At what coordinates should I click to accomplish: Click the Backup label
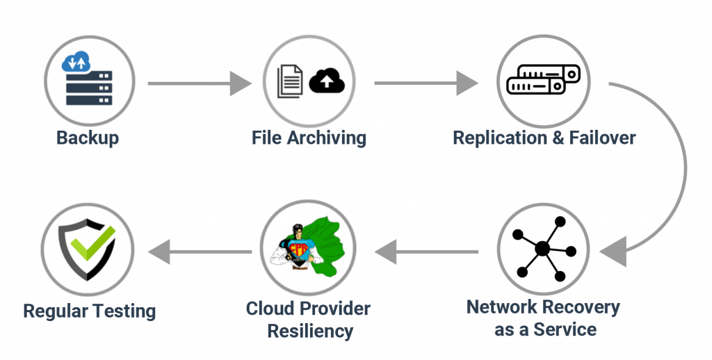point(88,138)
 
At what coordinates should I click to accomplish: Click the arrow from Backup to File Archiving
point(199,84)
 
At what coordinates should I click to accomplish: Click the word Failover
point(602,138)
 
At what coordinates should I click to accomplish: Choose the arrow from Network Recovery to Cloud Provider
point(428,251)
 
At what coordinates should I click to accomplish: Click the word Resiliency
point(310,331)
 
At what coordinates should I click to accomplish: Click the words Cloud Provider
point(309,309)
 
